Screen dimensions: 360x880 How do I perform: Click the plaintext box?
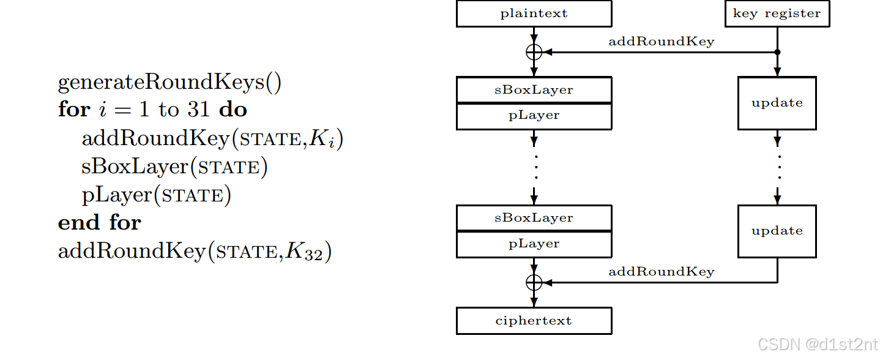(x=534, y=13)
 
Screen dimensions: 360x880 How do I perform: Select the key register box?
(x=777, y=13)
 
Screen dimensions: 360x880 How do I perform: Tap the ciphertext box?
(x=534, y=321)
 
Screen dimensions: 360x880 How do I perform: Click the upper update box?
(x=777, y=103)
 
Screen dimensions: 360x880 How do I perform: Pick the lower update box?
(x=777, y=231)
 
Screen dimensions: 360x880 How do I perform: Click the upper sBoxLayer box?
(x=534, y=90)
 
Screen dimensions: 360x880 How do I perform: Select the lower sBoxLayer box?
(x=534, y=218)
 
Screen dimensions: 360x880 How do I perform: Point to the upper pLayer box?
(x=534, y=116)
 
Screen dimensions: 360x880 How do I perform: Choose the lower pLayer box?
(x=534, y=244)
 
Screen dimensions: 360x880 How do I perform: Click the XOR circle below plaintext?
(x=534, y=52)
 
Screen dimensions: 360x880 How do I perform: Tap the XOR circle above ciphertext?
(x=534, y=282)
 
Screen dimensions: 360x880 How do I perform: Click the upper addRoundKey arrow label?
(x=661, y=42)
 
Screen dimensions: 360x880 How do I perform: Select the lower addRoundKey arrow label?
(x=661, y=272)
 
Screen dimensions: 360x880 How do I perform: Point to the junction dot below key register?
(x=777, y=52)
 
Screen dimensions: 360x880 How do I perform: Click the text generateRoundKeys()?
(x=170, y=83)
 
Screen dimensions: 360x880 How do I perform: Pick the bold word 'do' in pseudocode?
(x=233, y=110)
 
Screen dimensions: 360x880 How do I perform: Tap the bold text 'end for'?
(x=99, y=222)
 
